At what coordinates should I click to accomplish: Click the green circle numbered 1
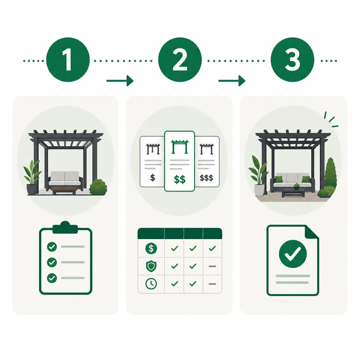[68, 60]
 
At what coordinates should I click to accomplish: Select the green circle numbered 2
[180, 60]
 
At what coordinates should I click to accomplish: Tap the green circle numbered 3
[292, 60]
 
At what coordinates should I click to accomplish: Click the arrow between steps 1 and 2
[120, 81]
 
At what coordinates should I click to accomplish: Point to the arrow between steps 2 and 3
[232, 81]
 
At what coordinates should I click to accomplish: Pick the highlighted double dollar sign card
[180, 161]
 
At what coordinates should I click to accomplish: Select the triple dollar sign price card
[207, 161]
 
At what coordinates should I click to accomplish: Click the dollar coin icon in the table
[151, 249]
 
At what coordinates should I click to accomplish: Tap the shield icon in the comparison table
[151, 266]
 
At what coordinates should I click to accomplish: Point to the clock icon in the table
[151, 284]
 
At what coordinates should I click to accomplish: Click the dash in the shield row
[212, 266]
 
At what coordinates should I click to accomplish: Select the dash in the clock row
[212, 284]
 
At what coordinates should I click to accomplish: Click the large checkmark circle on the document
[293, 254]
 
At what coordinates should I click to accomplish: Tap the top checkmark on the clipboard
[52, 247]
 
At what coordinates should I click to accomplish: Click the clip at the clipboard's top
[65, 227]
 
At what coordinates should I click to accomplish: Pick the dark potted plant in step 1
[32, 177]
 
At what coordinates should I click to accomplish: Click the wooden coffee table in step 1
[64, 191]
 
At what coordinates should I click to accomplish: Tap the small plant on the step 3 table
[297, 186]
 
